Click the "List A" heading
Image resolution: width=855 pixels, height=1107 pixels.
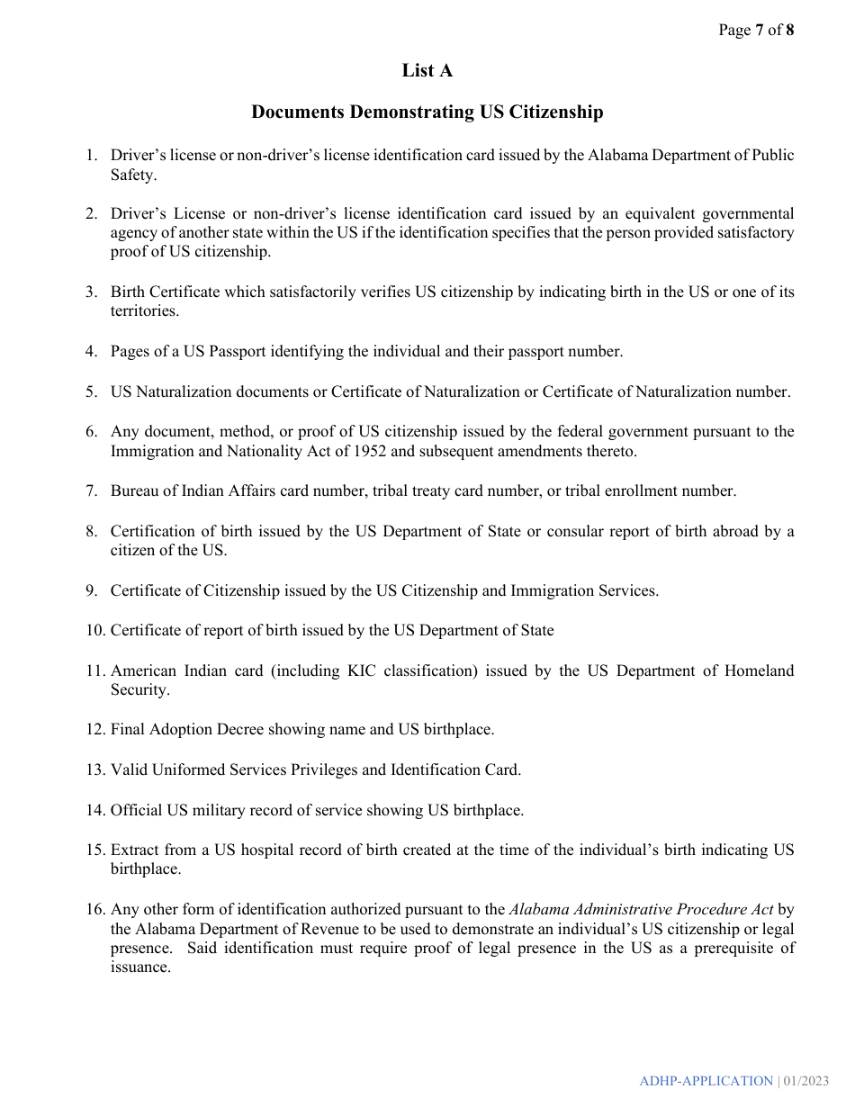pyautogui.click(x=427, y=71)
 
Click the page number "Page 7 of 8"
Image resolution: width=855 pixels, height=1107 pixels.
pyautogui.click(x=755, y=31)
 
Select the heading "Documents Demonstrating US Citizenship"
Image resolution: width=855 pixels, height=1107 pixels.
pyautogui.click(x=427, y=112)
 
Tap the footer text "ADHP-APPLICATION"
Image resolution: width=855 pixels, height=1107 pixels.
pyautogui.click(x=706, y=1081)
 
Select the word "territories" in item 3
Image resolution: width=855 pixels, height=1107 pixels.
pyautogui.click(x=144, y=311)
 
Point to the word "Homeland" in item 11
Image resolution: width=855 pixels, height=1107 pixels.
pyautogui.click(x=759, y=670)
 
